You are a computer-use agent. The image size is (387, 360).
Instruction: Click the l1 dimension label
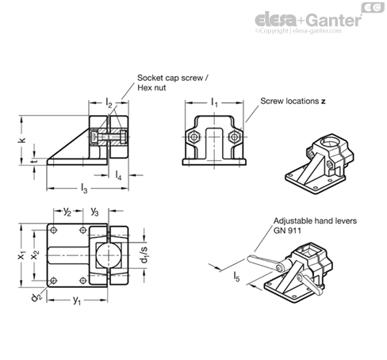pyautogui.click(x=214, y=102)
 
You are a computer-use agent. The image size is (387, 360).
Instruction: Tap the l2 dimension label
pyautogui.click(x=109, y=102)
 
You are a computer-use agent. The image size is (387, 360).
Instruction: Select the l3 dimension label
pyautogui.click(x=84, y=189)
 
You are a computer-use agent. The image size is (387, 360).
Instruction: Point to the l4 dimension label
pyautogui.click(x=118, y=175)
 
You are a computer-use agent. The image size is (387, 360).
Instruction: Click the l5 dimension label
pyautogui.click(x=236, y=277)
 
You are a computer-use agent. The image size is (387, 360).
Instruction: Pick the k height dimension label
pyautogui.click(x=22, y=140)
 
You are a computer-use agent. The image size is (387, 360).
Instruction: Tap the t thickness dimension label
pyautogui.click(x=34, y=161)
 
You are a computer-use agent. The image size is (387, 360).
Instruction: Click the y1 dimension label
pyautogui.click(x=77, y=300)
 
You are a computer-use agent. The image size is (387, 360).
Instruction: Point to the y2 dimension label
pyautogui.click(x=67, y=211)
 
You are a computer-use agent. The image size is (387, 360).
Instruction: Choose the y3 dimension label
pyautogui.click(x=94, y=211)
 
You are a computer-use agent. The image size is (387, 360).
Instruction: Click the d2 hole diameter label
pyautogui.click(x=36, y=297)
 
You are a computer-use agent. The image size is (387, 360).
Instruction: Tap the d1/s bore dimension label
pyautogui.click(x=144, y=255)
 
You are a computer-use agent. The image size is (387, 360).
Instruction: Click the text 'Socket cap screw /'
pyautogui.click(x=173, y=78)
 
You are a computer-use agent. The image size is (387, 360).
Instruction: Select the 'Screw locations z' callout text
pyautogui.click(x=293, y=101)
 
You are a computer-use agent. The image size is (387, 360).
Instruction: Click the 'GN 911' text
pyautogui.click(x=287, y=231)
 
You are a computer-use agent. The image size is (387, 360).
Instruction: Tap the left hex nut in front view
pyautogui.click(x=194, y=137)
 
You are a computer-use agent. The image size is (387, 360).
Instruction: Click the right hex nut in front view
pyautogui.click(x=234, y=137)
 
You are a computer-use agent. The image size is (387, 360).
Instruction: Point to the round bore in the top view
pyautogui.click(x=109, y=255)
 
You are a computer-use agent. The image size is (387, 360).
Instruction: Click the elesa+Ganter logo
pyautogui.click(x=308, y=20)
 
